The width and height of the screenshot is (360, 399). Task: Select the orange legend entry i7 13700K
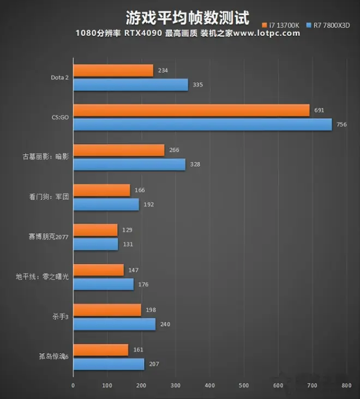(x=283, y=25)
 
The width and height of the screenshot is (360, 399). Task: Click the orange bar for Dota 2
(x=113, y=71)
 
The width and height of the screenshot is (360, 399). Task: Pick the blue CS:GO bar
(x=202, y=124)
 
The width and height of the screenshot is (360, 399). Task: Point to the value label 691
(x=319, y=110)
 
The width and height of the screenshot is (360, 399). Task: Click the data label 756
(x=341, y=124)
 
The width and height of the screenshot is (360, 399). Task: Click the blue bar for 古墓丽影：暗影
(x=129, y=164)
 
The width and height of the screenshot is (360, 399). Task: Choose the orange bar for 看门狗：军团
(x=101, y=190)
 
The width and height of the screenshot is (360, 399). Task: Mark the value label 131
(x=128, y=244)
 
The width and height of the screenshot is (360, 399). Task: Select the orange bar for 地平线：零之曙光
(x=98, y=270)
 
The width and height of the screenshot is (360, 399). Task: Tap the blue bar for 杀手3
(x=114, y=324)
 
